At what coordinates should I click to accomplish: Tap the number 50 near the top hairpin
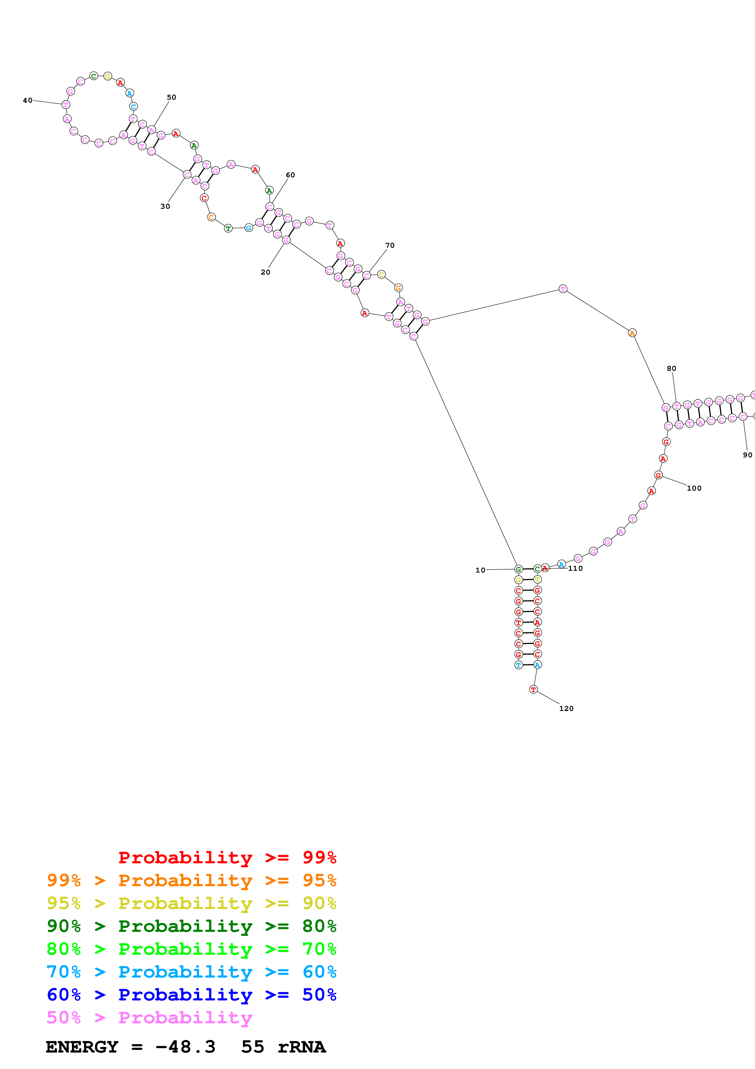coord(171,97)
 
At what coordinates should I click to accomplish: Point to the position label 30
coord(165,206)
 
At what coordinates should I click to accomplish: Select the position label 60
coord(290,175)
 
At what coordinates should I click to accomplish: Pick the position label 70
coord(390,245)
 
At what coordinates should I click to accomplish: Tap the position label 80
coord(671,368)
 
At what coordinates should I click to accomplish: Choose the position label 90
coord(747,455)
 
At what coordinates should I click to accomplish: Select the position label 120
coord(566,708)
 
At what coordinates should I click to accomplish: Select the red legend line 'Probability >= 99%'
coord(227,857)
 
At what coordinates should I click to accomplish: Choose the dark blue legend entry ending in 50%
coord(191,995)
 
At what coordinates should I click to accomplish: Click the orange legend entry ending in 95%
coord(191,880)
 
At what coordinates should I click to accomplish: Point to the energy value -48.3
coord(185,1047)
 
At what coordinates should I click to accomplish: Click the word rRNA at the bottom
coord(302,1047)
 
